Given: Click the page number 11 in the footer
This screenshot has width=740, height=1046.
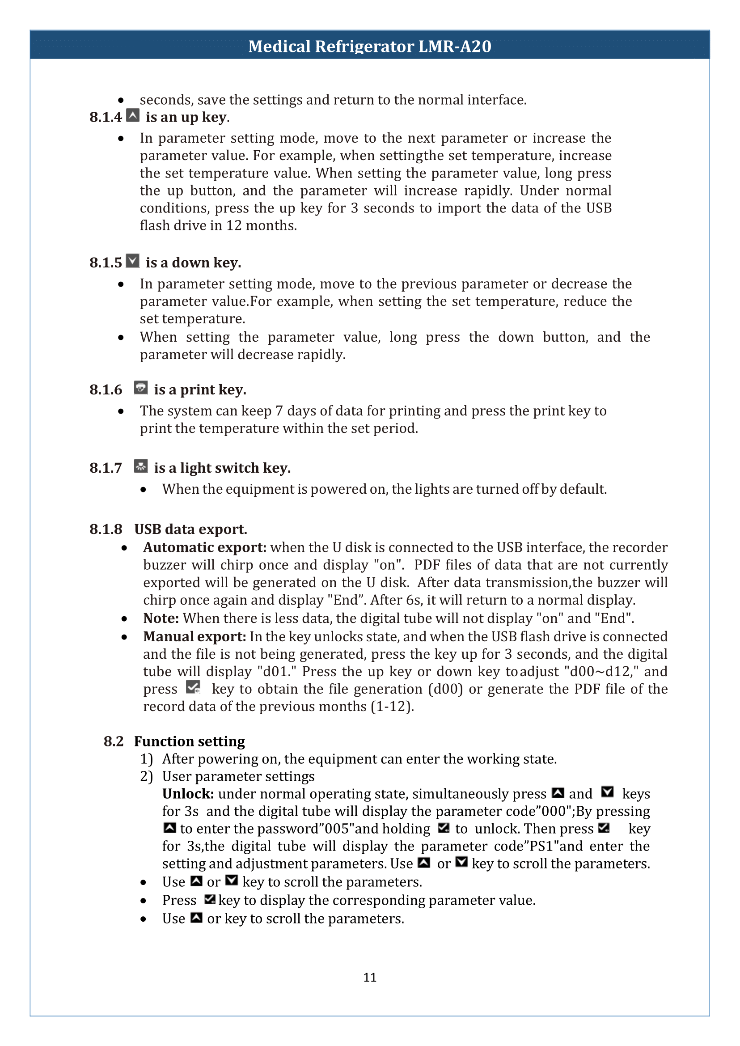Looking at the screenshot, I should click(x=369, y=977).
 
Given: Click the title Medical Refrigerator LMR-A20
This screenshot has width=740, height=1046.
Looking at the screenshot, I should click(x=369, y=46).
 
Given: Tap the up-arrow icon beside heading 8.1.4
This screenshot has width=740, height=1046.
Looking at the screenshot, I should click(x=133, y=116).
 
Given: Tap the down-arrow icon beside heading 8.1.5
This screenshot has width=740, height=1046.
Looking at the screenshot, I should click(x=133, y=261).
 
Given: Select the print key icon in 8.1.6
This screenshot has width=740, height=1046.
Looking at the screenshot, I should click(x=141, y=388).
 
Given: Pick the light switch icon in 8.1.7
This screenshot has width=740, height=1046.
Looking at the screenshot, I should click(x=141, y=466).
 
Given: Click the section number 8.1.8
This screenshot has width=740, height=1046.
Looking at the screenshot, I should click(x=106, y=529).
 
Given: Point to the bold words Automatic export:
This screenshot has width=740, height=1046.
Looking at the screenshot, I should click(x=205, y=547).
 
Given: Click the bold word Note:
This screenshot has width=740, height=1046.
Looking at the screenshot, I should click(x=161, y=618).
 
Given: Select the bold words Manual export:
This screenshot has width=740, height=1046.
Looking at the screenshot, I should click(x=195, y=637).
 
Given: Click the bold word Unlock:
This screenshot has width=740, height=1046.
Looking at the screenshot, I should click(x=188, y=794).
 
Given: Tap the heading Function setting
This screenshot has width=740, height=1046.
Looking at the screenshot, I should click(x=189, y=741).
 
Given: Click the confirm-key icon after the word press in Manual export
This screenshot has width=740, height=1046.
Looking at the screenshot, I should click(x=194, y=687).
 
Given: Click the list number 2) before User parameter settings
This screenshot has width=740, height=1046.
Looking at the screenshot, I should click(x=146, y=777).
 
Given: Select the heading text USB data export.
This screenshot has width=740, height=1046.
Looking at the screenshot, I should click(x=190, y=529).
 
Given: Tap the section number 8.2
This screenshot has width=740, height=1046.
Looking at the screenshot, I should click(x=114, y=741).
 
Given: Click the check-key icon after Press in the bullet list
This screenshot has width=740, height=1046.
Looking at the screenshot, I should click(x=210, y=899).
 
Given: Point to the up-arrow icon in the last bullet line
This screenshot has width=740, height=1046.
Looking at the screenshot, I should click(x=196, y=918).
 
